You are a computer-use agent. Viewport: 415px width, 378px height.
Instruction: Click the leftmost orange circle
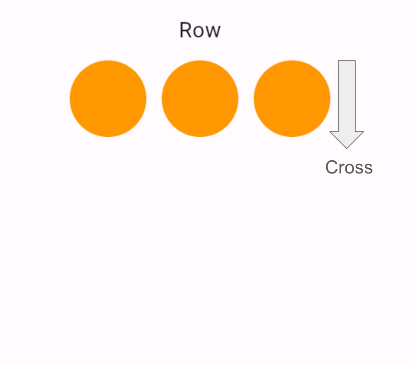(x=108, y=99)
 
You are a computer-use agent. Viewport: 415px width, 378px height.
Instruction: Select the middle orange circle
(x=200, y=99)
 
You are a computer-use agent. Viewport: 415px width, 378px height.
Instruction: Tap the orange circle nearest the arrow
(x=292, y=99)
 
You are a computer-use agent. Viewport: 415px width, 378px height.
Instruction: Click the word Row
(x=200, y=31)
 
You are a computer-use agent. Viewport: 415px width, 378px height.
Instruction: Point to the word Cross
(x=349, y=168)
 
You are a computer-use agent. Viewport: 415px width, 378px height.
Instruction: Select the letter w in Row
(x=213, y=32)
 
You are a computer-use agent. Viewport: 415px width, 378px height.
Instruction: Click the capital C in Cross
(x=332, y=168)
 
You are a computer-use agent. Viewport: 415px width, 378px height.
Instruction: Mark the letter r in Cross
(x=342, y=169)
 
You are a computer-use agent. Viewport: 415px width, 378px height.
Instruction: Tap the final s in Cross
(x=368, y=169)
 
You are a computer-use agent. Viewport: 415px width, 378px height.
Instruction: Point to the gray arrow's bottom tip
(x=347, y=148)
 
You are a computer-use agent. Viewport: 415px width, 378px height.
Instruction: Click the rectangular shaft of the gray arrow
(x=347, y=94)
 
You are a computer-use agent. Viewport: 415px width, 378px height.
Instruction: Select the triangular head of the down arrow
(x=347, y=138)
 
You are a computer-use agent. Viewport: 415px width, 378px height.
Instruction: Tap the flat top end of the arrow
(x=347, y=61)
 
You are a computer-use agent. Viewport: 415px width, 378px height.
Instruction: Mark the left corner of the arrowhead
(x=331, y=132)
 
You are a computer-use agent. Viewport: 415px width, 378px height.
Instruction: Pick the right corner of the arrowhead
(x=363, y=132)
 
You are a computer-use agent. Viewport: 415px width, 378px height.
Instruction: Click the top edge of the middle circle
(x=200, y=61)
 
